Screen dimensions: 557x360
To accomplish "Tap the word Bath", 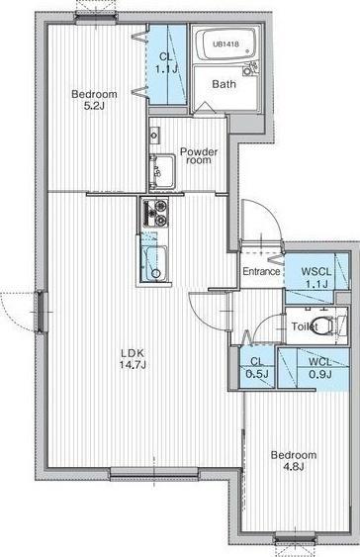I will click(224, 84).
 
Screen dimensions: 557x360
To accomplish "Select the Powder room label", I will click(198, 156).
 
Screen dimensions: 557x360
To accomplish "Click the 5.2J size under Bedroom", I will click(94, 107).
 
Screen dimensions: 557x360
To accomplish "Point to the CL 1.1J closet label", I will click(165, 64).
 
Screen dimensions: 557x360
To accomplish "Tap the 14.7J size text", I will click(133, 365).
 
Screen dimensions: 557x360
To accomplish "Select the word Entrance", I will click(262, 270).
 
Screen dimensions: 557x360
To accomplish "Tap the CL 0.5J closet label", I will click(256, 366).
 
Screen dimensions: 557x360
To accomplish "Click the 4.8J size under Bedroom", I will click(295, 468).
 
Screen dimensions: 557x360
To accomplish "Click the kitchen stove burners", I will click(155, 212).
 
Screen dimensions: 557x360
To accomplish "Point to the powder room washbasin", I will click(159, 171).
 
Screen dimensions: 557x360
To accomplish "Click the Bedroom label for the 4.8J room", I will click(294, 455).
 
